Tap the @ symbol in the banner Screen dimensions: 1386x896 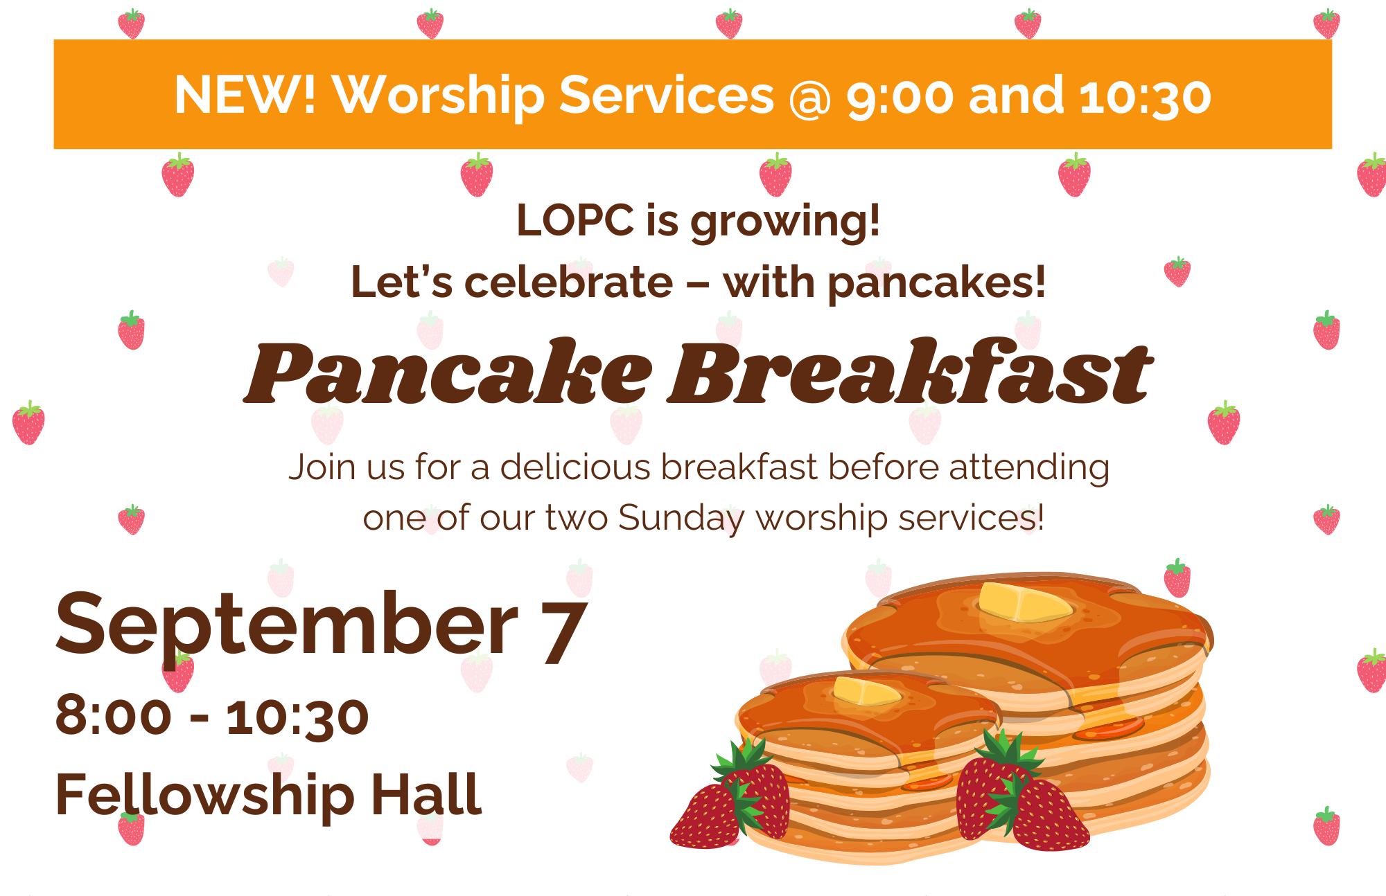pyautogui.click(x=810, y=98)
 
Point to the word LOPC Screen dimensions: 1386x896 pyautogui.click(x=575, y=220)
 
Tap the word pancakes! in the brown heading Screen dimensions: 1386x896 pyautogui.click(x=936, y=284)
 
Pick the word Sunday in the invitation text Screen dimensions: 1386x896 pyautogui.click(x=681, y=519)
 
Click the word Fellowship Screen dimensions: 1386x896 pyautogui.click(x=205, y=797)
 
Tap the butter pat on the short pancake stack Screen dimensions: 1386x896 pyautogui.click(x=866, y=690)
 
